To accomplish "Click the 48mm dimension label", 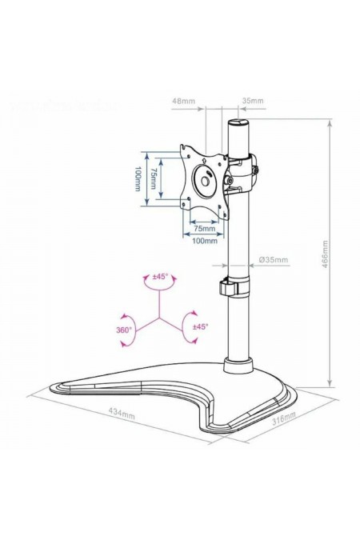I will pos(183,102).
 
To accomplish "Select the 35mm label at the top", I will pos(253,102).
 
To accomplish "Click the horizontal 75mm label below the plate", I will pos(204,228).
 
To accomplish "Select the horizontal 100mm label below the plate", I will pos(204,241).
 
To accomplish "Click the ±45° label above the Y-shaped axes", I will pos(160,277).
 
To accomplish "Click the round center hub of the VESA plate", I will pos(206,179).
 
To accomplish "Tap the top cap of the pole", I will pos(239,125).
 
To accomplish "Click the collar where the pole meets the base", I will pos(238,366).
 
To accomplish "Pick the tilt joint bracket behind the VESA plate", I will pos(241,173).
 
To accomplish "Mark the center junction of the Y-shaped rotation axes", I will pos(160,318).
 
